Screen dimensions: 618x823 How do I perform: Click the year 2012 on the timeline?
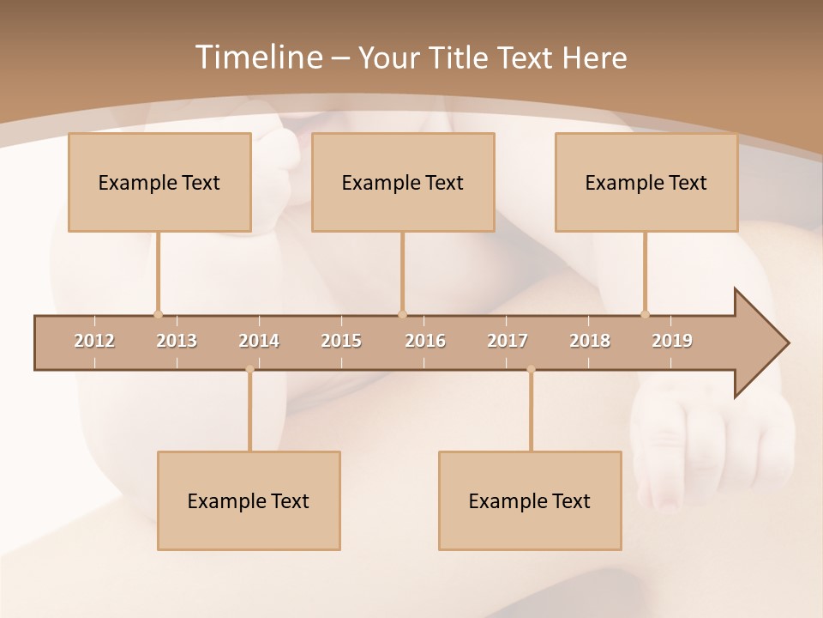coord(94,341)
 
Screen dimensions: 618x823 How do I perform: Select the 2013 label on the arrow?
coord(177,341)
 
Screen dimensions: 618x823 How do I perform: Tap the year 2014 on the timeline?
coord(259,341)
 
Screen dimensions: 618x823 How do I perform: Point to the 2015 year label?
coord(341,341)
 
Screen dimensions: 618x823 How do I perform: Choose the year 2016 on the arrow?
coord(425,341)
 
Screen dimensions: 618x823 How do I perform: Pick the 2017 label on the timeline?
coord(508,341)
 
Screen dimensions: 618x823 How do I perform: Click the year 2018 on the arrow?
coord(590,341)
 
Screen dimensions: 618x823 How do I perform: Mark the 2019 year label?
coord(672,341)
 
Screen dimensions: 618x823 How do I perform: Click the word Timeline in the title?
coord(258,58)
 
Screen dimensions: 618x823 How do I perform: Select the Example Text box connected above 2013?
coord(159,182)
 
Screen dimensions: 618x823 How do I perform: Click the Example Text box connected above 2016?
coord(403,182)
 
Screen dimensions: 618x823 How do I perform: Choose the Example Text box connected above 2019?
coord(646,182)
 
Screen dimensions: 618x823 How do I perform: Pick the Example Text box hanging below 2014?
coord(249,500)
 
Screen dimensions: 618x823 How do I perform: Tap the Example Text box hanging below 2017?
coord(530,500)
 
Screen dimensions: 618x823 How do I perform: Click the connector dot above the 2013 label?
coord(158,314)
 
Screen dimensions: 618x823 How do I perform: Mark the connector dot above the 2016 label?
coord(403,314)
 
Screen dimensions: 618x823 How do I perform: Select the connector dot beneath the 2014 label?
coord(249,369)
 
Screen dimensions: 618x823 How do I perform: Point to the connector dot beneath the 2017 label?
coord(531,369)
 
